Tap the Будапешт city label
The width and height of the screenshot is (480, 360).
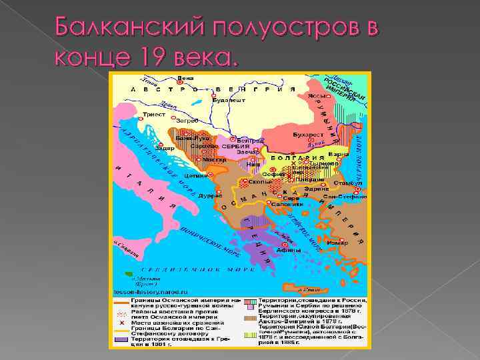point(229,101)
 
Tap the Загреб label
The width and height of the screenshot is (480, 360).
point(187,121)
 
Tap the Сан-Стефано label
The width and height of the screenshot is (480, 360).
point(345,197)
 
